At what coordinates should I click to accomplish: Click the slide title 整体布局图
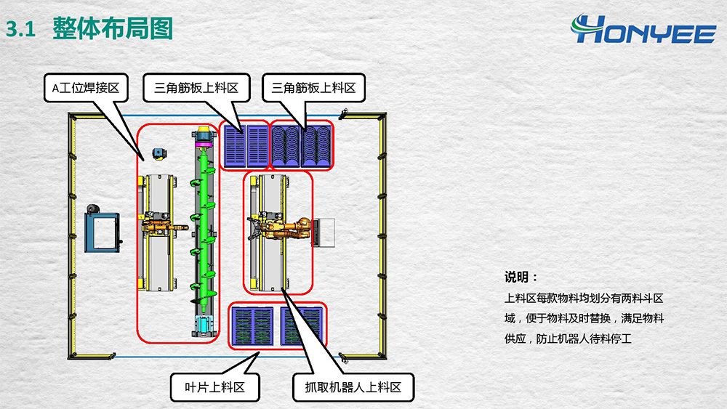coord(112,28)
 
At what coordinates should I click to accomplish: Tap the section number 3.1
coord(21,29)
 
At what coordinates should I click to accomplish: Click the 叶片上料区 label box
coord(215,387)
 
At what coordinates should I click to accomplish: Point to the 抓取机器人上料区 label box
coord(353,387)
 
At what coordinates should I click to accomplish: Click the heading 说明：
coord(521,278)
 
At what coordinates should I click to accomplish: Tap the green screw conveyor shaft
coord(202,225)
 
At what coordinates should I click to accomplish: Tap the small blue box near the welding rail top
coord(157,153)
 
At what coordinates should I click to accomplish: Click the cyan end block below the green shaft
coord(202,325)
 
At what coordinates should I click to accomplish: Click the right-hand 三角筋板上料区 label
coord(313,89)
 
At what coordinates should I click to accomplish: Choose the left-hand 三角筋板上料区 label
coord(196,89)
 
